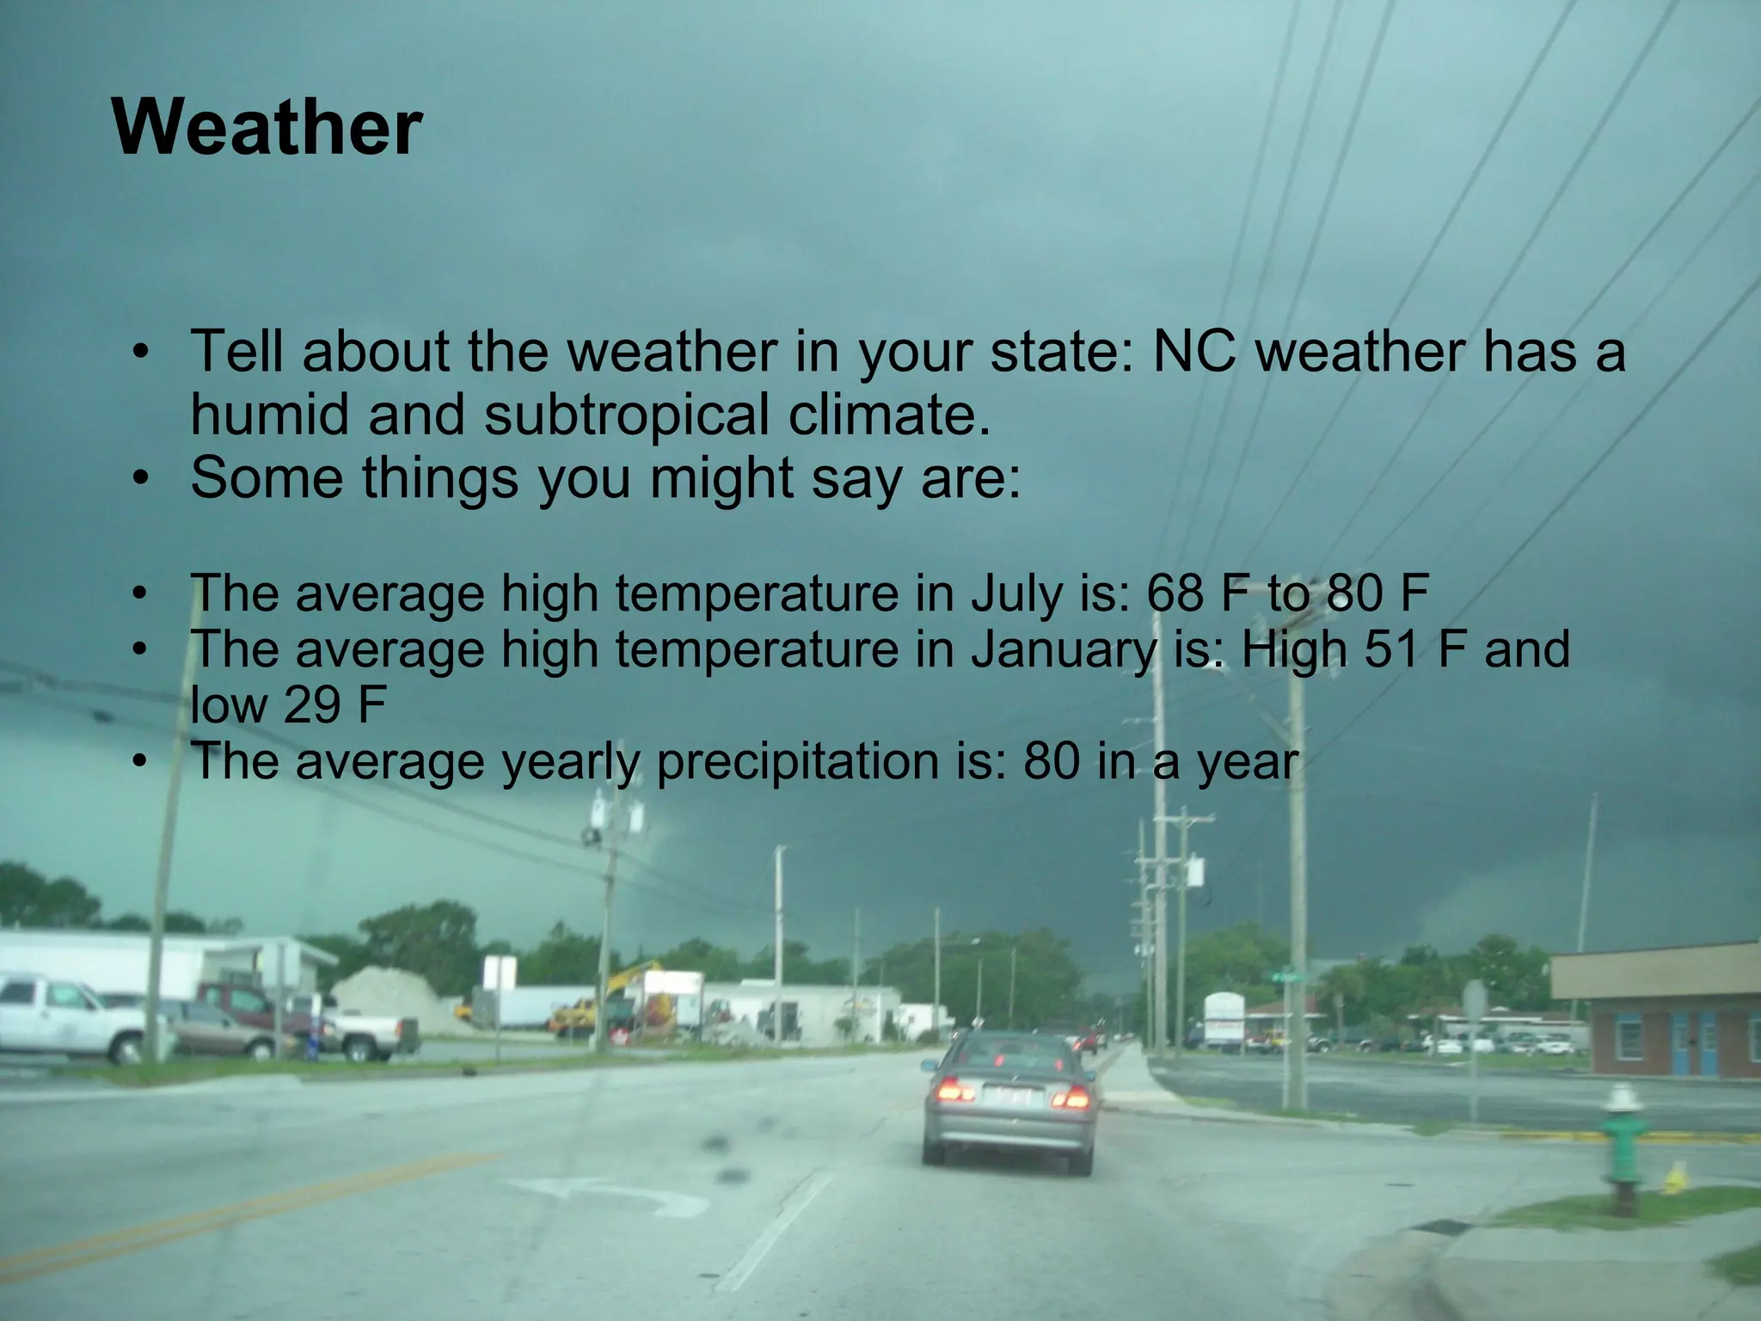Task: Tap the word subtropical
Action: click(x=625, y=415)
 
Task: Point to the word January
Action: click(x=1063, y=649)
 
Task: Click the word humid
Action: click(x=271, y=415)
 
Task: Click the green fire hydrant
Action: click(x=1623, y=1148)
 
